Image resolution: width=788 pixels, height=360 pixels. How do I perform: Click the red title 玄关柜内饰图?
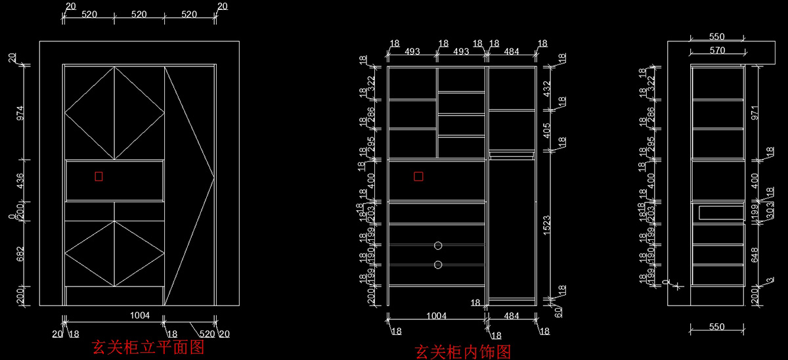coord(463,352)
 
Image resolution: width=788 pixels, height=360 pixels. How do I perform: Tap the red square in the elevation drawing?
coord(98,176)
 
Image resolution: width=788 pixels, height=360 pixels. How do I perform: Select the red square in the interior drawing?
coord(418,176)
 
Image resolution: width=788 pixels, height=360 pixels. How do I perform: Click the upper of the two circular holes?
coord(438,245)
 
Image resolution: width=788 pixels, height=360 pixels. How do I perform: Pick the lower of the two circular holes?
coord(438,265)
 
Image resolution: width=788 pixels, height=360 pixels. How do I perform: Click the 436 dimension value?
coord(20,181)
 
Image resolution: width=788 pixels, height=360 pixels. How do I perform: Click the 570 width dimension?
coord(717,50)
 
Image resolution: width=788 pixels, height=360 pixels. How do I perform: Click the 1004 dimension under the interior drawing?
coord(436,316)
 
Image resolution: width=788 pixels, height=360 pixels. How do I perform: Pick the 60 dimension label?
coord(559,312)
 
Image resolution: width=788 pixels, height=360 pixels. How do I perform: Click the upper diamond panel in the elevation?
coord(114,112)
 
